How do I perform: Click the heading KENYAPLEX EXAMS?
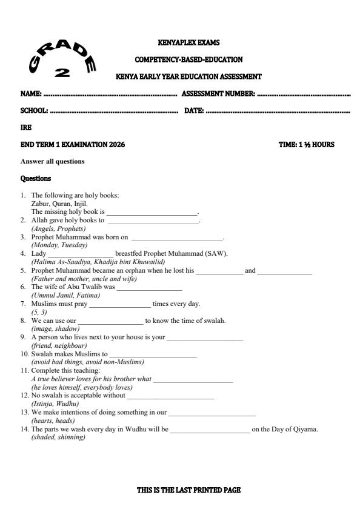(x=188, y=43)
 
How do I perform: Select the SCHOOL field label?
(x=34, y=111)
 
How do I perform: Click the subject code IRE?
(x=26, y=128)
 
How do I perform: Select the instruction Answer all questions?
(x=53, y=161)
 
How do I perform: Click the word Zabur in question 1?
(x=41, y=204)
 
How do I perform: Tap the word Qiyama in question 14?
(x=305, y=430)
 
